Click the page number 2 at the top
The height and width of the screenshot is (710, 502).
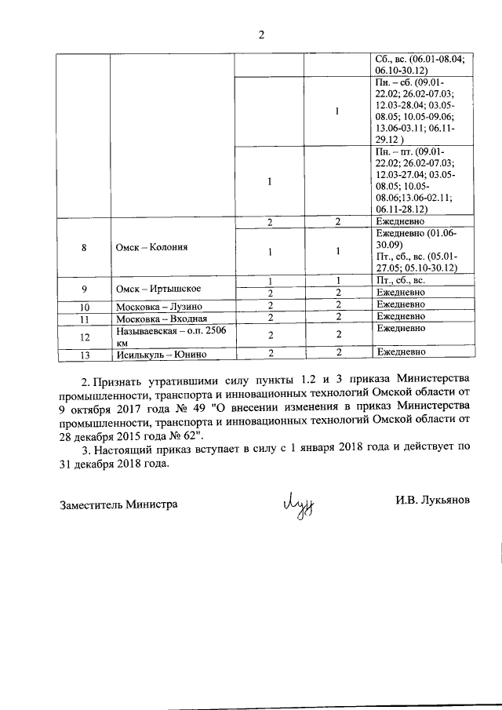(261, 34)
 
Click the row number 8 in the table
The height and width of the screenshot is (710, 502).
(83, 248)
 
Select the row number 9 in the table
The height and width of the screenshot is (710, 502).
(83, 287)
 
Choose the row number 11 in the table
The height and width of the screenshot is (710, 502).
(83, 319)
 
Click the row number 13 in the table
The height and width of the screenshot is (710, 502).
(83, 354)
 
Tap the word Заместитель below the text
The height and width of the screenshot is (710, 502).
(93, 505)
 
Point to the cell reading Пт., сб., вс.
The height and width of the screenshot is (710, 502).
(401, 280)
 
